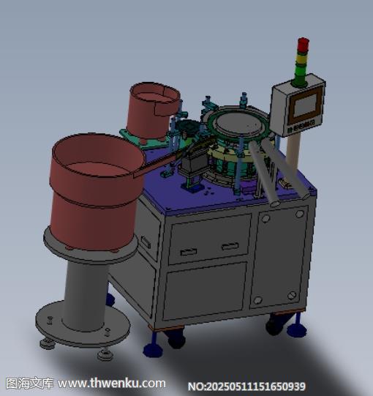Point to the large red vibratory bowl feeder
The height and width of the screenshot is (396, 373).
pos(96,192)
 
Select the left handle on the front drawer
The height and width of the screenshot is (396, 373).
pos(189,251)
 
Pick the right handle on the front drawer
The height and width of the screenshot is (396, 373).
pos(230,246)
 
